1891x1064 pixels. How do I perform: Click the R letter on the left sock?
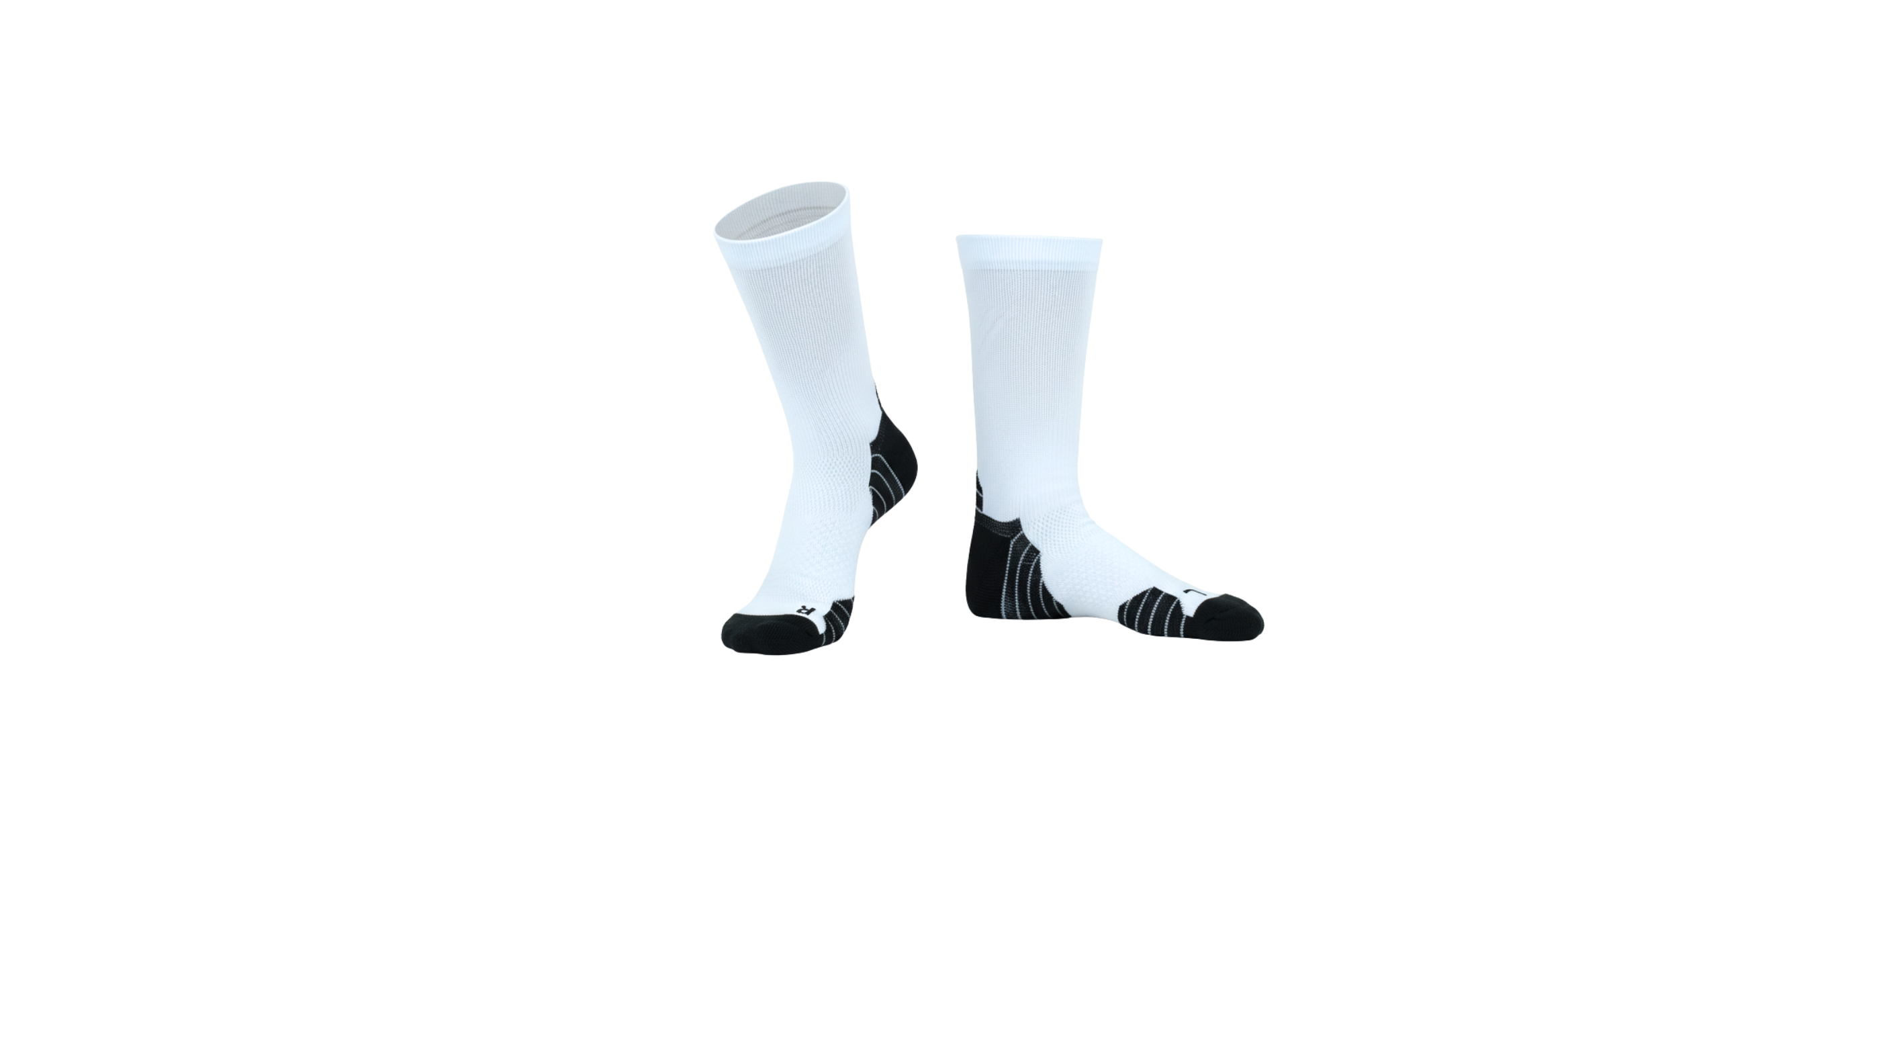coord(802,609)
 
